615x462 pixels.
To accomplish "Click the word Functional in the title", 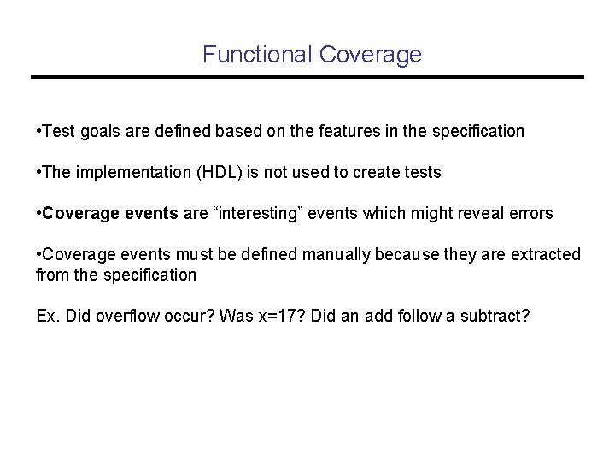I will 257,55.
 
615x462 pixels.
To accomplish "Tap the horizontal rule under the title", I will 307,78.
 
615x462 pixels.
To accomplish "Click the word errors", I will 533,214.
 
